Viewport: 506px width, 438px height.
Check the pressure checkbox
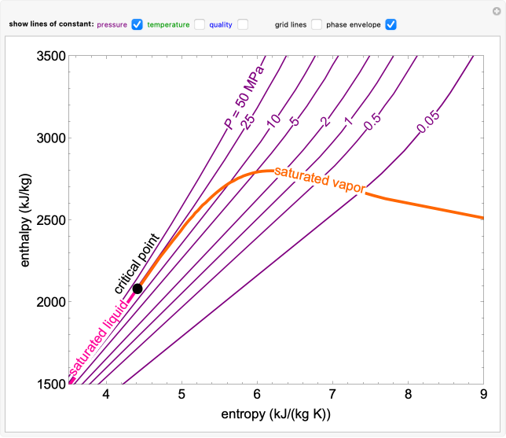tap(137, 24)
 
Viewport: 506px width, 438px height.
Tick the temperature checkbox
tap(200, 24)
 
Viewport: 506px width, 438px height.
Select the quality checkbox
tap(243, 24)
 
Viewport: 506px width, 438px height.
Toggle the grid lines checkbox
tap(317, 24)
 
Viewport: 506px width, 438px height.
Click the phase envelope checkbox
tap(390, 24)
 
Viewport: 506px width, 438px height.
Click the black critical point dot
tap(137, 289)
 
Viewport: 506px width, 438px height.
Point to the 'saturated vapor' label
tap(314, 181)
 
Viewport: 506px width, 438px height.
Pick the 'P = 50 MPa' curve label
tap(243, 98)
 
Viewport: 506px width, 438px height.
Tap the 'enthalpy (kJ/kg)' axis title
tap(24, 219)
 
